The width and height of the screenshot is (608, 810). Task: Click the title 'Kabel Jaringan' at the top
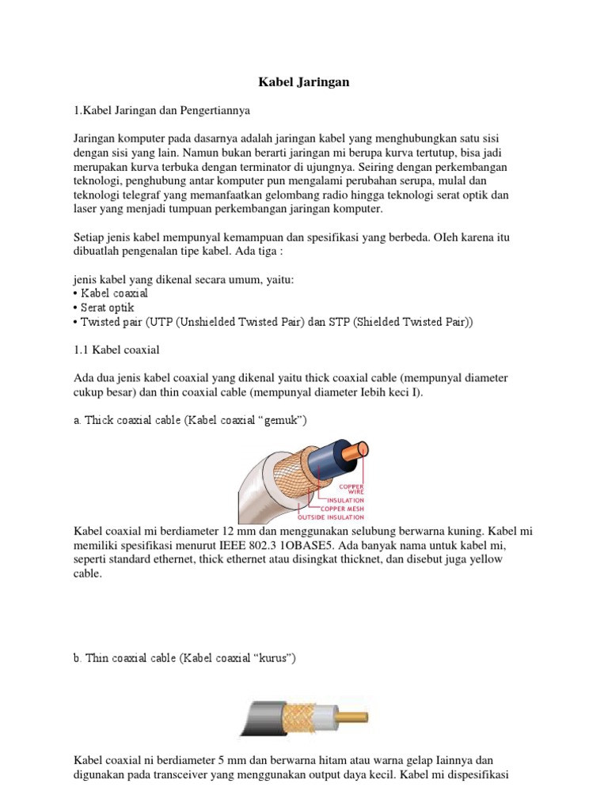[304, 81]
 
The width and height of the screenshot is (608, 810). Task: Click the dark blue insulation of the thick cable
[329, 456]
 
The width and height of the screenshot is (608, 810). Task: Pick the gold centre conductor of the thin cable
[352, 717]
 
